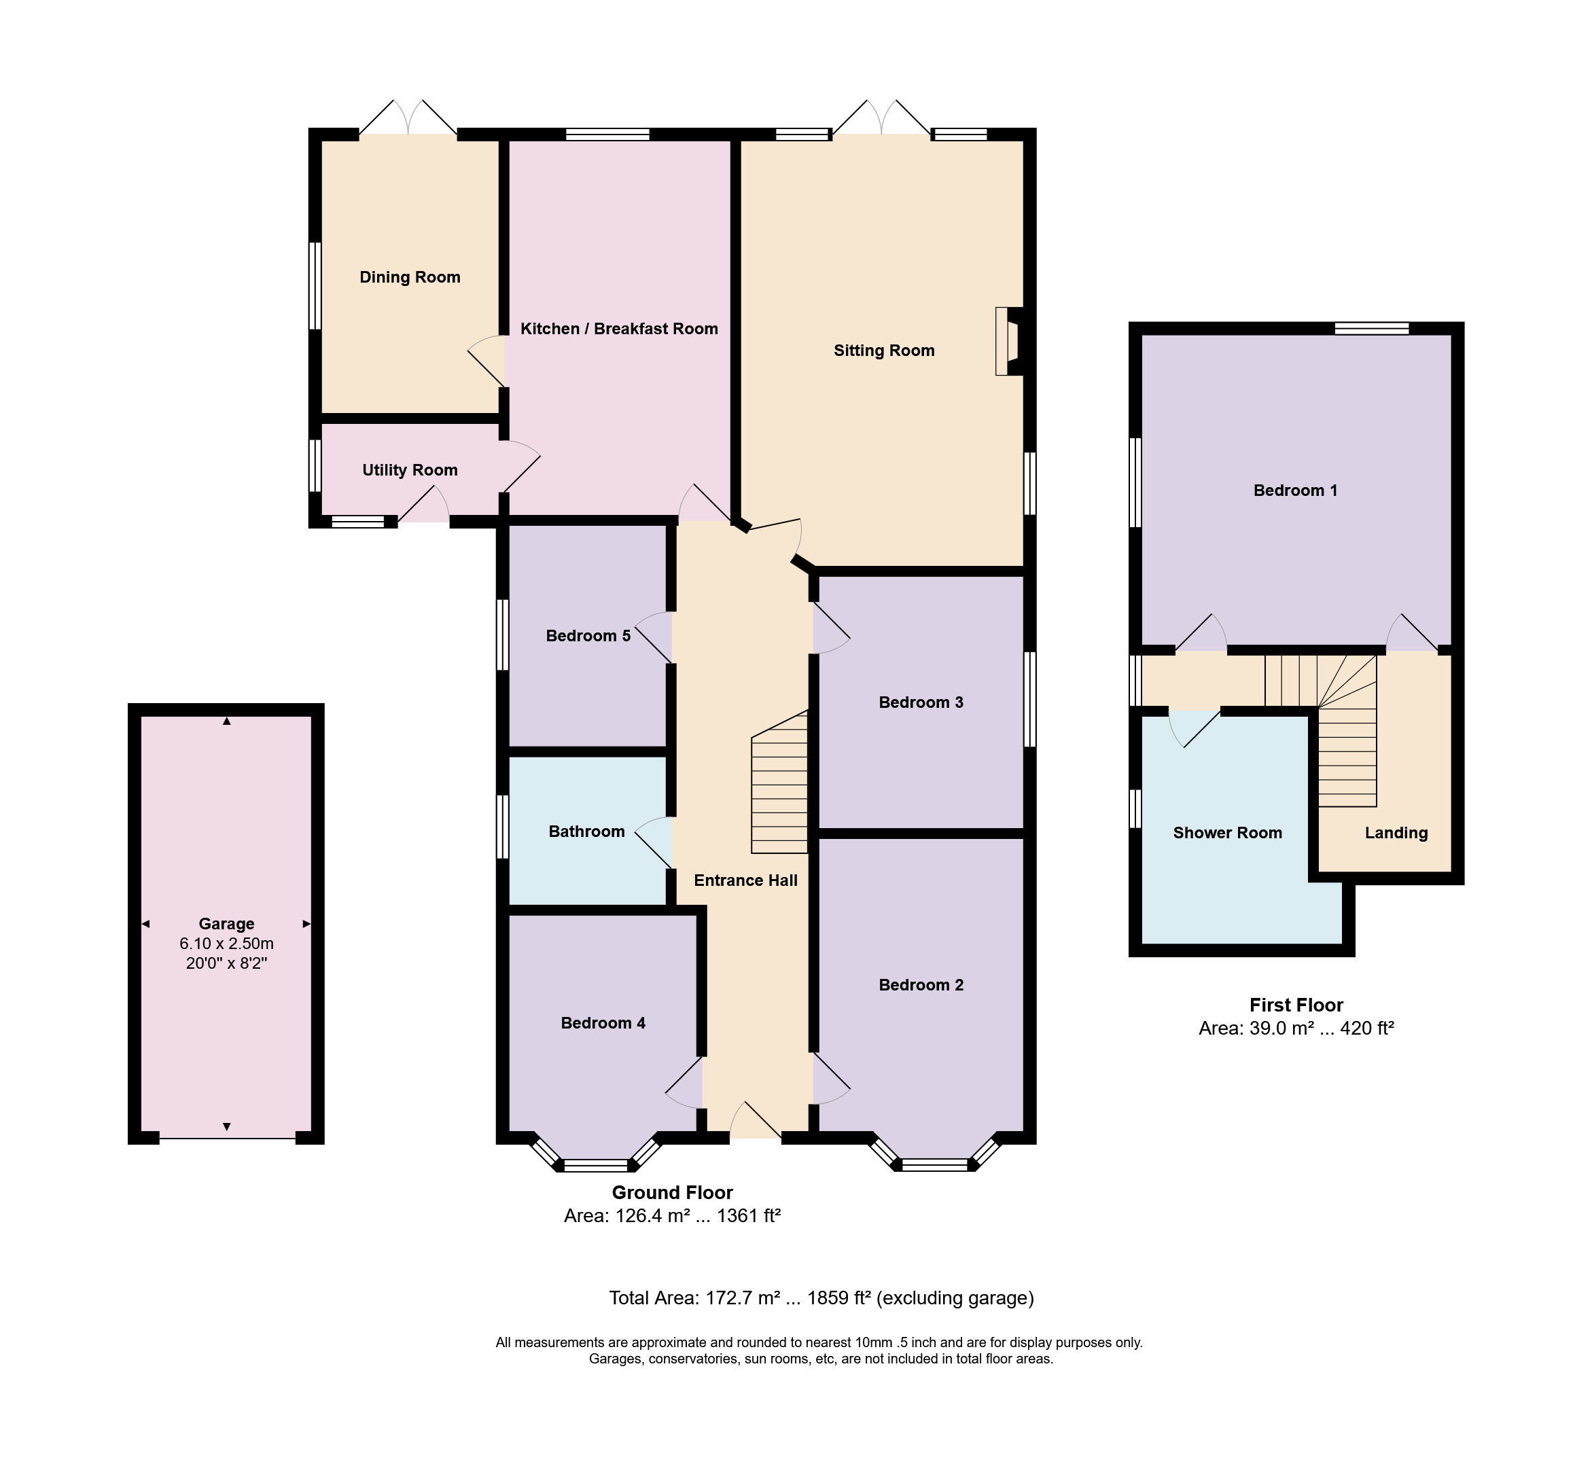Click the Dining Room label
click(x=409, y=277)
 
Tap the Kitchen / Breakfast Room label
click(x=619, y=328)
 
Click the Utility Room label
click(x=410, y=470)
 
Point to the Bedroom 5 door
click(x=654, y=637)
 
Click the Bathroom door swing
click(x=654, y=842)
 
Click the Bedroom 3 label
click(x=921, y=702)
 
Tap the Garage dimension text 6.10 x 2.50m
click(x=227, y=944)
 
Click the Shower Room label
click(x=1228, y=833)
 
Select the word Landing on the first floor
click(x=1396, y=833)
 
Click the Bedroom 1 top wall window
click(x=1372, y=327)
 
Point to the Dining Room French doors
click(x=408, y=117)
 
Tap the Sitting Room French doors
click(x=882, y=117)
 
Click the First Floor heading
click(x=1296, y=1005)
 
